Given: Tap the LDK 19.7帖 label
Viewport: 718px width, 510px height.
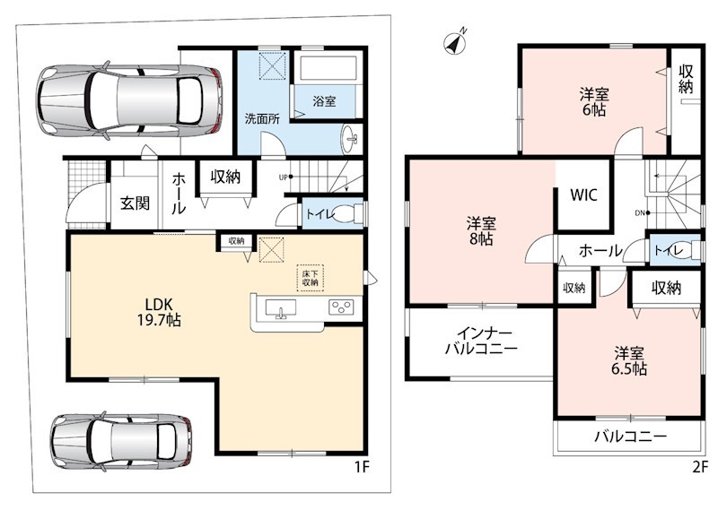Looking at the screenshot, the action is [x=159, y=312].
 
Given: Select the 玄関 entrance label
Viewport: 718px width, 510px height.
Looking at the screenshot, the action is [x=136, y=203].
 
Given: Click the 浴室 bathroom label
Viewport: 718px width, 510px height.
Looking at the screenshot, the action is [x=324, y=101].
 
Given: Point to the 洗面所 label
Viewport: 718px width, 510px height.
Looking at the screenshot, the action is [x=262, y=119].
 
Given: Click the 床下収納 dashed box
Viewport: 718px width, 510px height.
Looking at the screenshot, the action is [x=310, y=278].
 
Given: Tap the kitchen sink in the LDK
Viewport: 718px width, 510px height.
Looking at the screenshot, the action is [x=281, y=308].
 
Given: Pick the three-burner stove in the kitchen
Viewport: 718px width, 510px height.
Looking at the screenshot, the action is [x=341, y=307].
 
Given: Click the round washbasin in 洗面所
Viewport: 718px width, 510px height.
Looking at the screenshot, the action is [x=351, y=138].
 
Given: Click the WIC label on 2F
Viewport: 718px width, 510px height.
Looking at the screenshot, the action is [x=583, y=194].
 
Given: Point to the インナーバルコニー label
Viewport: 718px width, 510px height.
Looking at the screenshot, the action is [x=481, y=341].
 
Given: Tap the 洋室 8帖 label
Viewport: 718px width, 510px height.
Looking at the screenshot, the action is [x=481, y=231].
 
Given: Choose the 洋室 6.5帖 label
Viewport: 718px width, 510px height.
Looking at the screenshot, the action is [x=629, y=361].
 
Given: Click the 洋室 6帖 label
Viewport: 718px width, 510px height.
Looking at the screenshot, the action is [x=594, y=102].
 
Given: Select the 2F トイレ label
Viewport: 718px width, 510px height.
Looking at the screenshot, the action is [x=669, y=250].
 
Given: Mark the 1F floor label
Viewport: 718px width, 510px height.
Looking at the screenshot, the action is [x=362, y=467].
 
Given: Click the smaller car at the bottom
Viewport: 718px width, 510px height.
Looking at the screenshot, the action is [x=122, y=441].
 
